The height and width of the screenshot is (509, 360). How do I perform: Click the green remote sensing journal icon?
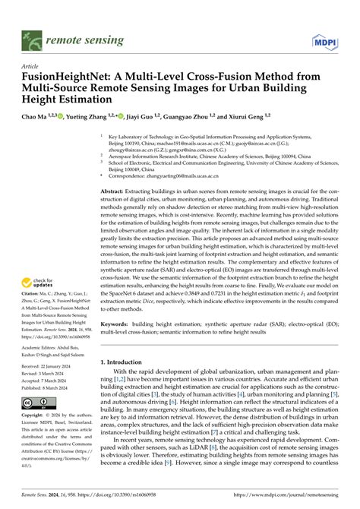tap(31, 37)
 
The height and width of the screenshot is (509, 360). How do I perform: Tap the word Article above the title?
tap(31, 67)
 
